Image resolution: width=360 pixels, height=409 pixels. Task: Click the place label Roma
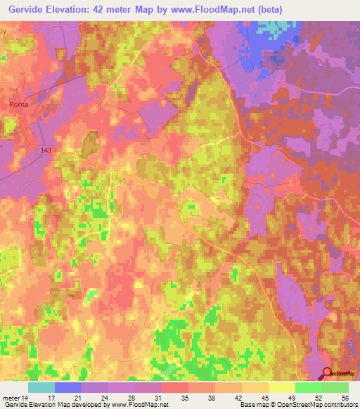(x=18, y=104)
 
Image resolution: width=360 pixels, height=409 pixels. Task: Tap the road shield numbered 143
(x=47, y=150)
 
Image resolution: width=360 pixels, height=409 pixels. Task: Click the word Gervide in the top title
(x=25, y=9)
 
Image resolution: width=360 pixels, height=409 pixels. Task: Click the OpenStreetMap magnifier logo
(x=328, y=374)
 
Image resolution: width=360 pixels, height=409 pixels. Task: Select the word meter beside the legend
(x=11, y=397)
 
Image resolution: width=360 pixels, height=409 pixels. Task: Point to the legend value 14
(x=29, y=397)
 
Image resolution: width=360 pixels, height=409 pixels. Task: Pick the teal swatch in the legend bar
(x=41, y=387)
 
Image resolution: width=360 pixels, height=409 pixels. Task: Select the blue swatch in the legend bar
(x=68, y=387)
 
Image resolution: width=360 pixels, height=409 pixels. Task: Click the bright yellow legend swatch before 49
(x=282, y=387)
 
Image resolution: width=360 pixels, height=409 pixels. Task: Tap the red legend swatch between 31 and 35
(x=175, y=387)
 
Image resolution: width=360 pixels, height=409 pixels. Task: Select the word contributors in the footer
(x=340, y=405)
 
